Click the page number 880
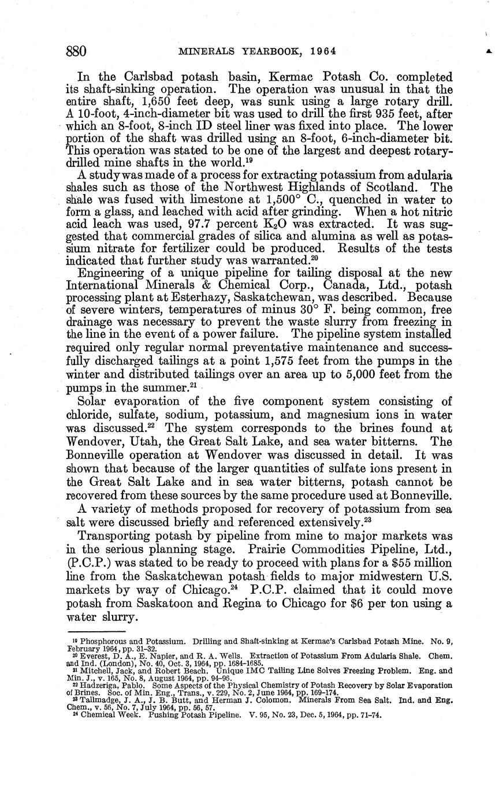click(76, 51)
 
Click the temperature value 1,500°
click(275, 199)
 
